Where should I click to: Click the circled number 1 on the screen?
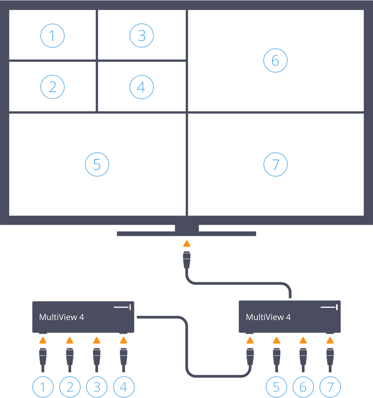[52, 36]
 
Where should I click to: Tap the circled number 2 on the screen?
[52, 87]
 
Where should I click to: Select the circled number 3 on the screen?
[142, 36]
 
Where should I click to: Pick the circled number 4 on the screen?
[142, 87]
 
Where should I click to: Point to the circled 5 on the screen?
[97, 165]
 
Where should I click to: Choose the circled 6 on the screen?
[275, 61]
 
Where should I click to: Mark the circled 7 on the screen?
[275, 165]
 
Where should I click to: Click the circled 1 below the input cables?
[43, 387]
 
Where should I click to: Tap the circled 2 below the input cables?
[70, 387]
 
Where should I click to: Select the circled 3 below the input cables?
[97, 387]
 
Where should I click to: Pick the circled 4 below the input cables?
[123, 387]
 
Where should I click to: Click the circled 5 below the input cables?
[277, 387]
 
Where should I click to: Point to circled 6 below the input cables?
[303, 387]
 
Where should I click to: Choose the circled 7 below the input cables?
[330, 387]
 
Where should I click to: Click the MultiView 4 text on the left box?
[61, 317]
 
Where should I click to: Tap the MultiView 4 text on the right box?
[268, 317]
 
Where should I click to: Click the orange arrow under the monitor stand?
[186, 243]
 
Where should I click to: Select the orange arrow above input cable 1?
[43, 341]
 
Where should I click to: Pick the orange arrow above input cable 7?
[330, 341]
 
